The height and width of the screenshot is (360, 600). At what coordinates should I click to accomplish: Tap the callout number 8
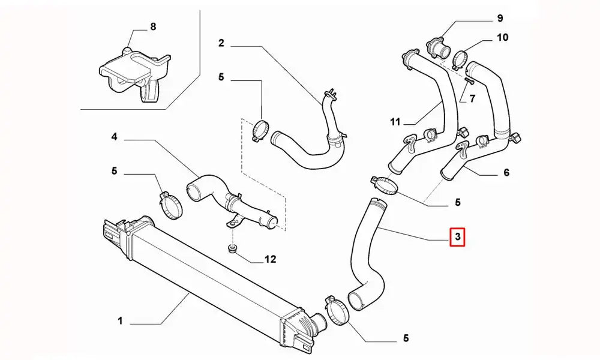click(153, 26)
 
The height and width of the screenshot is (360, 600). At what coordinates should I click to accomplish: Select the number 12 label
click(270, 259)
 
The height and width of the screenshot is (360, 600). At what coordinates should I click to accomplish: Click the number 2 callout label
click(221, 43)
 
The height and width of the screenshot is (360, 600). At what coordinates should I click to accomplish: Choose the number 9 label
click(499, 18)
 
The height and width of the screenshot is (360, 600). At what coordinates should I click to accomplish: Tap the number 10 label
click(502, 37)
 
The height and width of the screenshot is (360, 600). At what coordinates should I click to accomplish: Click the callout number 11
click(394, 122)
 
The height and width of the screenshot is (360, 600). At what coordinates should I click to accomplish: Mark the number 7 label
click(472, 99)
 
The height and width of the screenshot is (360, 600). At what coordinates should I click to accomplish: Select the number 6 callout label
click(506, 173)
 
